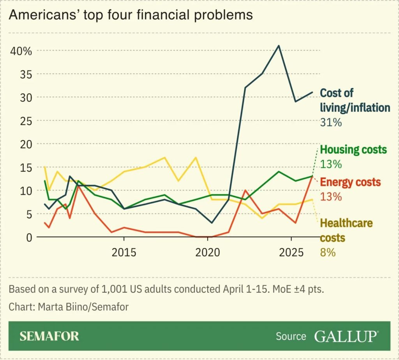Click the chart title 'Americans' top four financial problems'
(131, 15)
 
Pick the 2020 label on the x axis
(207, 252)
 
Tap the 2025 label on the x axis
(291, 252)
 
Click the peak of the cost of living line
(279, 46)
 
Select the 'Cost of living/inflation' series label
(355, 100)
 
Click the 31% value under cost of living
(331, 122)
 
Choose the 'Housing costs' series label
(353, 150)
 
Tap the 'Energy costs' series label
(350, 182)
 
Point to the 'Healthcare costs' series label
(346, 230)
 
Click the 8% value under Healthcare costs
(328, 252)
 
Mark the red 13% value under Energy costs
(331, 196)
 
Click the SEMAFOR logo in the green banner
(49, 336)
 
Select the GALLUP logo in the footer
(346, 336)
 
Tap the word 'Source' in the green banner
(291, 336)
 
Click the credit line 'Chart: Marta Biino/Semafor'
(69, 307)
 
